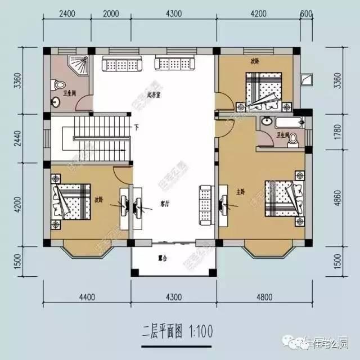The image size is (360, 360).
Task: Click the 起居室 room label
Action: coord(154,95)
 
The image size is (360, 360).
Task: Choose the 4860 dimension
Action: coord(337,197)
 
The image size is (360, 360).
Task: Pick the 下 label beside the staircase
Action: coord(137,127)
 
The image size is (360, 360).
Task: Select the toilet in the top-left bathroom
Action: coord(56,85)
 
